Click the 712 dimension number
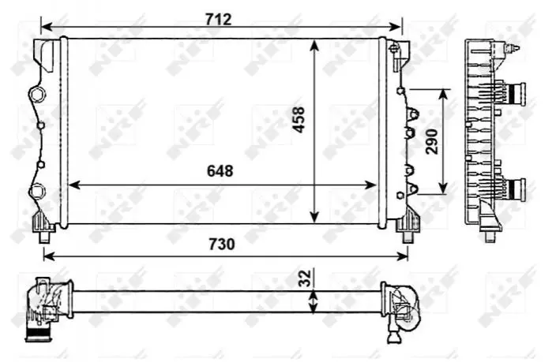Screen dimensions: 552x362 click(219, 20)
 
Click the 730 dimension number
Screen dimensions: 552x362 click(222, 244)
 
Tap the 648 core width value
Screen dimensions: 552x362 click(220, 171)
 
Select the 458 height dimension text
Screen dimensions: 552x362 click(299, 120)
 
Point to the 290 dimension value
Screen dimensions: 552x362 click(432, 142)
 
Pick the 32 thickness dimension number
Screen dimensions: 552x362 click(306, 278)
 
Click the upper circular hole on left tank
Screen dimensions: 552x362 click(36, 94)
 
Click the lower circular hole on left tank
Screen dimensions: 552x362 click(36, 192)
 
